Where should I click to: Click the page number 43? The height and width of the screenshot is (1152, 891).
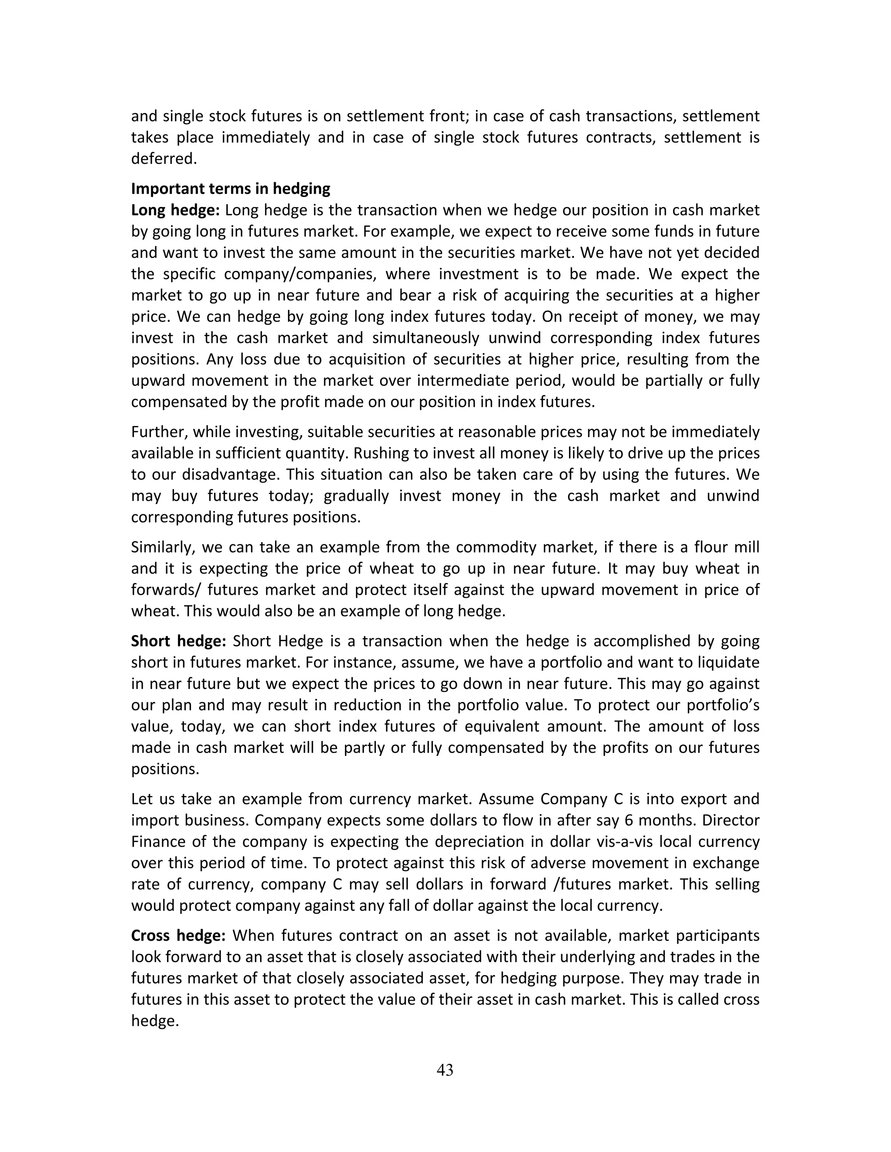pos(445,1070)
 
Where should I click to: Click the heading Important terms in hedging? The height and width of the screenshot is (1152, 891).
pos(231,188)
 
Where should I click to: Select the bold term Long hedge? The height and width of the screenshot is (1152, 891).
pos(175,210)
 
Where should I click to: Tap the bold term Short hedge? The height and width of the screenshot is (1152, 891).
pos(178,641)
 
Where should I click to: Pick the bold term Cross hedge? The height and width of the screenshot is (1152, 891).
pos(178,935)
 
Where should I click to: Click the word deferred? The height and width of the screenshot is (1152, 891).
pos(164,159)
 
